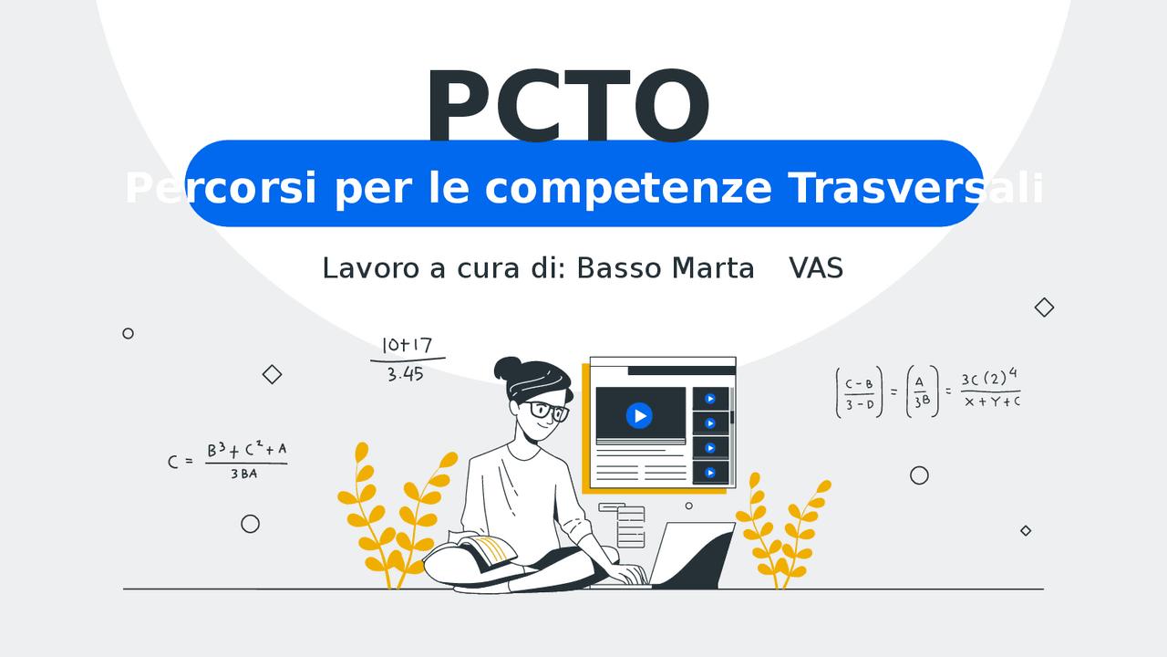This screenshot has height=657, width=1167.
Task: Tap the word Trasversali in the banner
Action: pos(915,188)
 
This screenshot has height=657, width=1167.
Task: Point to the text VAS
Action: pos(816,268)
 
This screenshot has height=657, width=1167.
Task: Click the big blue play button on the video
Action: pos(639,415)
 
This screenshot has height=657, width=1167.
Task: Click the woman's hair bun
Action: pos(508,369)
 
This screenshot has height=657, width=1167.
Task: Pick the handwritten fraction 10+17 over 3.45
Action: pos(407,359)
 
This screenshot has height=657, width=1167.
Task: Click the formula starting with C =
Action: pos(228,461)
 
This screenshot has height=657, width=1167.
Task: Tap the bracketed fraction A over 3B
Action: pos(920,391)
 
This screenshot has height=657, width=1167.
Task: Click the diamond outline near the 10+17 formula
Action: pos(272,374)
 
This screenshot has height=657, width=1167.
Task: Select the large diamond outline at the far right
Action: pos(1044,308)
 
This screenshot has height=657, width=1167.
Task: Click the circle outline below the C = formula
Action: pos(250,524)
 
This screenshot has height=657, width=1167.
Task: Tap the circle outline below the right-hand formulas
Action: pos(919,475)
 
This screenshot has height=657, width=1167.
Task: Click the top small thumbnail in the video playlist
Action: pos(710,399)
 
